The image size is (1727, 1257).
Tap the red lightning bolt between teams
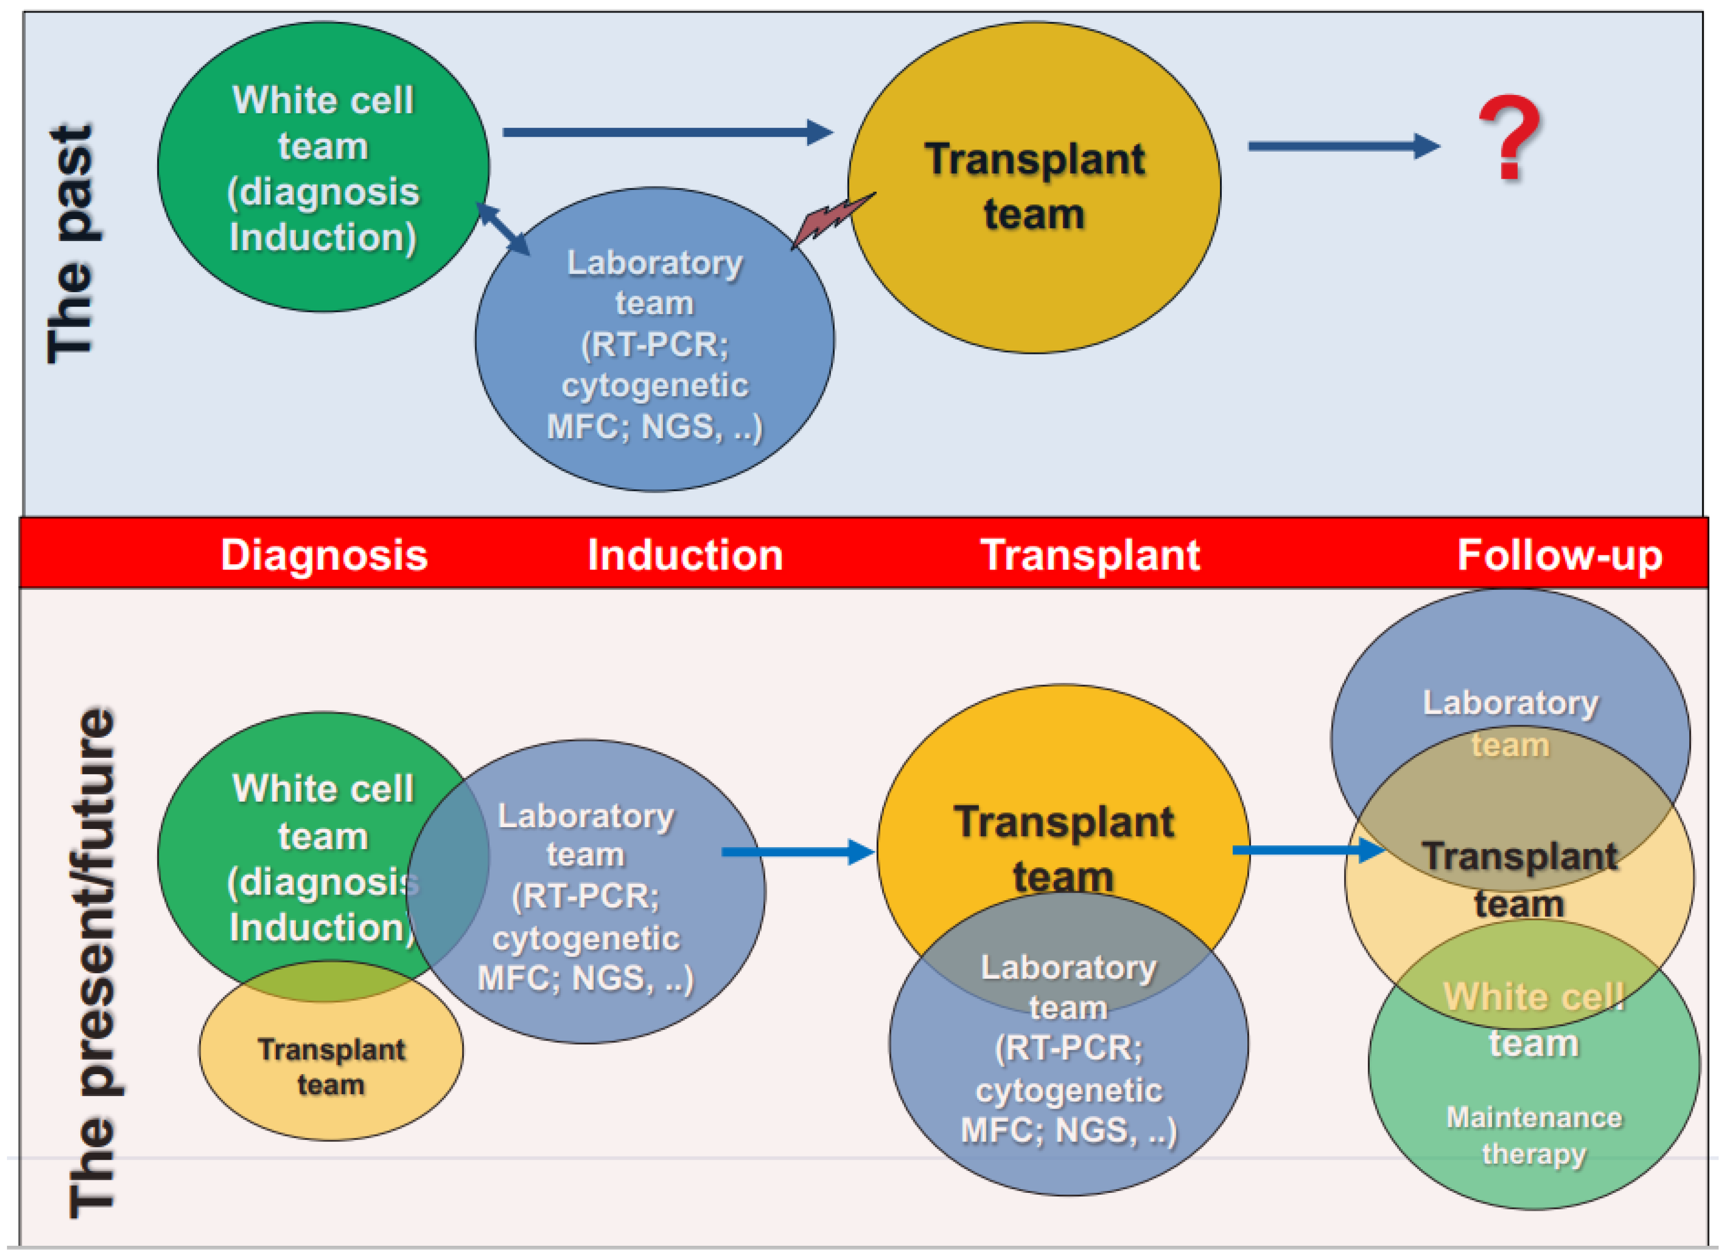click(833, 219)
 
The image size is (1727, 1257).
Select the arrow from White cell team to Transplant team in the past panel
click(666, 133)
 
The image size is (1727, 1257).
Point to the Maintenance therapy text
click(1533, 1135)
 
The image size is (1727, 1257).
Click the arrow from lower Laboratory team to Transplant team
click(796, 851)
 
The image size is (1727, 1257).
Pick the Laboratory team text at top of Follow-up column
click(1510, 723)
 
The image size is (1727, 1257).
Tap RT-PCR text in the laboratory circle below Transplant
click(1068, 1049)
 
